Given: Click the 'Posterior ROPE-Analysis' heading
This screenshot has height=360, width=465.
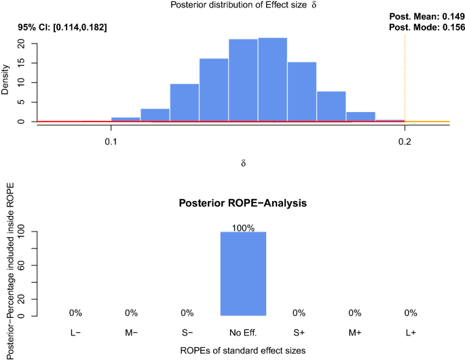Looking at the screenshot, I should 243,203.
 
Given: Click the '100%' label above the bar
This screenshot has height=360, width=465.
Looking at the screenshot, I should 243,228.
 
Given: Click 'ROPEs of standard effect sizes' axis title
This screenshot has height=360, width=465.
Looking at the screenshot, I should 243,350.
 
